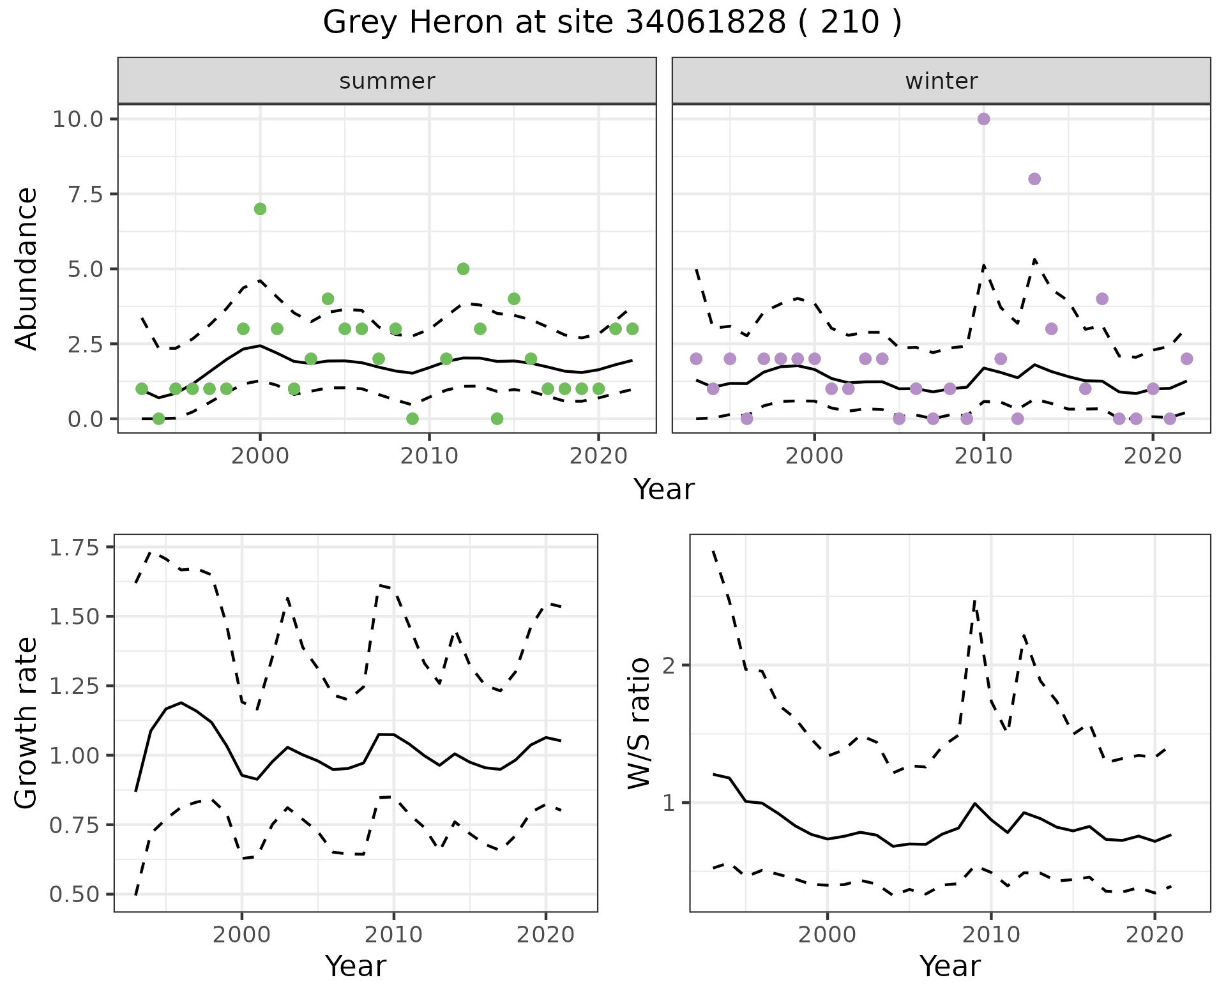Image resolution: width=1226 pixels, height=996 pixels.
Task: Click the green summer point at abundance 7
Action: [260, 209]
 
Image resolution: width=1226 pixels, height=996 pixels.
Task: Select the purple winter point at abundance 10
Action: [983, 119]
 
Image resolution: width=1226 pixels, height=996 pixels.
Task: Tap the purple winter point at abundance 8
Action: [1034, 179]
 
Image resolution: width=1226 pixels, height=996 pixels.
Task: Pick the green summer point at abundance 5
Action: [464, 269]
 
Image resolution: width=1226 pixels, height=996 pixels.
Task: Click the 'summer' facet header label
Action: [387, 81]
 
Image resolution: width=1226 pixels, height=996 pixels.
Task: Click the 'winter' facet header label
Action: [941, 81]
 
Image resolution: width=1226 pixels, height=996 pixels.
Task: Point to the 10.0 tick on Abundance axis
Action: [79, 119]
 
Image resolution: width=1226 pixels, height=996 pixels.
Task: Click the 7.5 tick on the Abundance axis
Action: [86, 194]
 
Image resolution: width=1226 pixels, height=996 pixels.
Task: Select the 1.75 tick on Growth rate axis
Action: [75, 547]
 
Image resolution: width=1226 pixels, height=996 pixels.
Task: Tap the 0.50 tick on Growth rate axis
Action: [75, 894]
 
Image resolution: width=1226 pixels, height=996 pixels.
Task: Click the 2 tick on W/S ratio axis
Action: [669, 665]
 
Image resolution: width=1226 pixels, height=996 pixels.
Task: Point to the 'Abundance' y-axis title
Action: [27, 269]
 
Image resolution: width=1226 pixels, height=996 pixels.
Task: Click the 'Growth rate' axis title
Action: [27, 723]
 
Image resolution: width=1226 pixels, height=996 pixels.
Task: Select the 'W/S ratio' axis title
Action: [639, 723]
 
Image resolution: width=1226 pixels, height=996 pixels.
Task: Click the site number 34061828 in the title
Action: [705, 23]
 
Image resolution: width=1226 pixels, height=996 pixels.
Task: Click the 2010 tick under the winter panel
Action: [983, 456]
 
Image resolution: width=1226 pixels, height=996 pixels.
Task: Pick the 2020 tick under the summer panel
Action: [598, 456]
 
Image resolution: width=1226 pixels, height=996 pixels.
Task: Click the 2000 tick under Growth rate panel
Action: [242, 935]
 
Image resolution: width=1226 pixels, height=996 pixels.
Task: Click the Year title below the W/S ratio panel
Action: [950, 967]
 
